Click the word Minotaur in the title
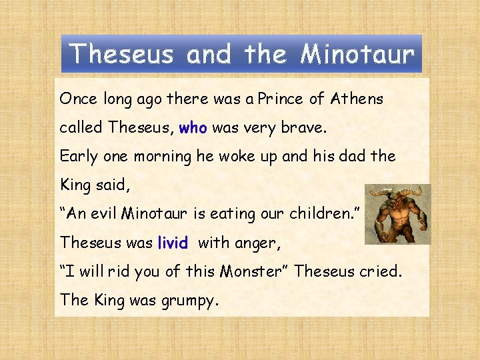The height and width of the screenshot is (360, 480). coord(357,53)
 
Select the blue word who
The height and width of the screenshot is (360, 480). coord(193,128)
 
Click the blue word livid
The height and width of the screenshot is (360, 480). coord(173,243)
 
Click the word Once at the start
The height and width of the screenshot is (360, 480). coord(79,99)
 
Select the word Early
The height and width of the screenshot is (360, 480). coord(77,157)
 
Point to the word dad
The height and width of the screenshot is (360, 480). coord(353,157)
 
